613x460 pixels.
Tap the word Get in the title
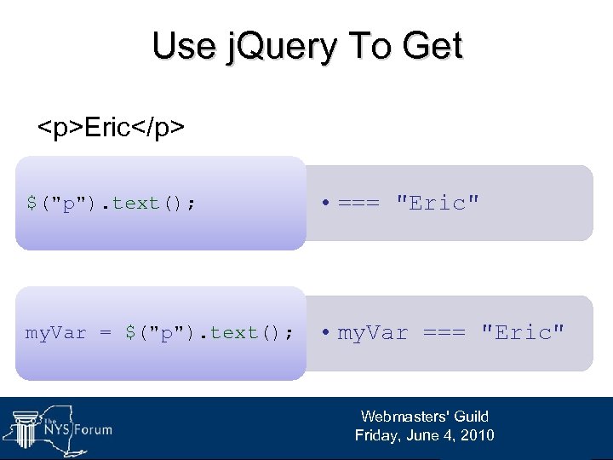coord(430,46)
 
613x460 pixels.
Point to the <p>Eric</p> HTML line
coord(112,129)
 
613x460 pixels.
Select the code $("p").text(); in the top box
coord(111,204)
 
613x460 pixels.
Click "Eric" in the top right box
coord(438,204)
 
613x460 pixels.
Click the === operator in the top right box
coord(360,204)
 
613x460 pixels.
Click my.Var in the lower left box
coord(56,333)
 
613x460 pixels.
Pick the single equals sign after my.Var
coord(106,333)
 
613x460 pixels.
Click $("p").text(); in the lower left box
coord(209,333)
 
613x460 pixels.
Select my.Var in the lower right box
coord(373,333)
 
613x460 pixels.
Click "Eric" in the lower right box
coord(523,333)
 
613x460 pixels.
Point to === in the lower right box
coord(445,333)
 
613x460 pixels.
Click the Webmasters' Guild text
coord(424,417)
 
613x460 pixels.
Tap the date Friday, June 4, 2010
coord(424,435)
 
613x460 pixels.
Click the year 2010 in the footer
coord(476,435)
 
